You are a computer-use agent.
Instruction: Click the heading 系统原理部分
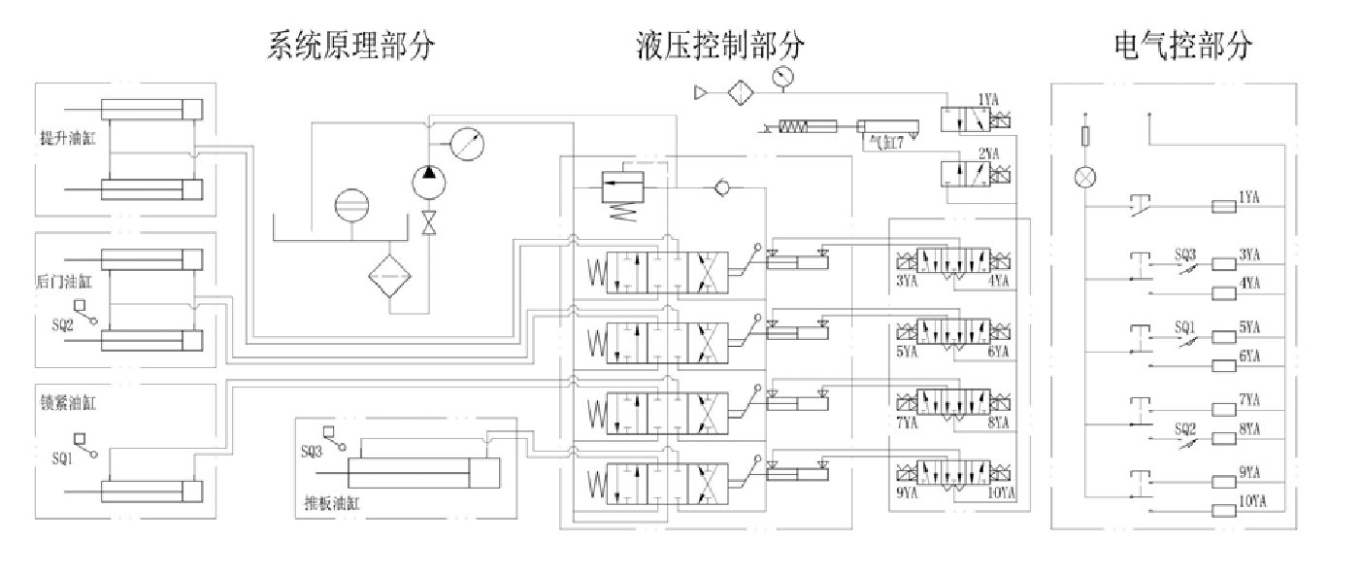(350, 46)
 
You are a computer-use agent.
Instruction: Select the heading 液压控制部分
(720, 46)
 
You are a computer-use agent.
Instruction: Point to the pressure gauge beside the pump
(467, 145)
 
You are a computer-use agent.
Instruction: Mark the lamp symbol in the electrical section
(1084, 177)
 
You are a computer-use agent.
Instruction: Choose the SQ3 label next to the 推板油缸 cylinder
(311, 451)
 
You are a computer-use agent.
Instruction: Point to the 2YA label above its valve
(988, 153)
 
